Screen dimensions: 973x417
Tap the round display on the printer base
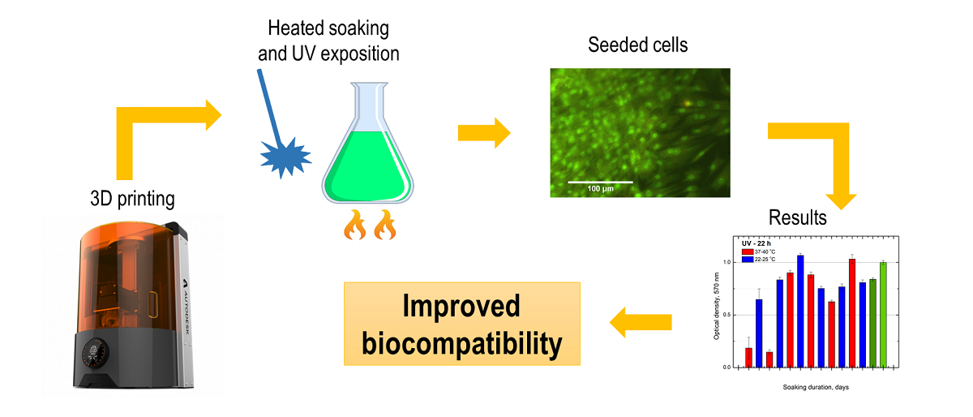101,354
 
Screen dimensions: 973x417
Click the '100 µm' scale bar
600,181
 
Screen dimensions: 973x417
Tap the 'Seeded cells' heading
638,45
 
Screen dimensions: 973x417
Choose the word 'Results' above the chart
798,217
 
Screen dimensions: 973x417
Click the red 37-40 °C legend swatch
747,251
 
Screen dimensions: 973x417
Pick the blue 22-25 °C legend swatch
747,259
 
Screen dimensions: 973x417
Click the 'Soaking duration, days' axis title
816,387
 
